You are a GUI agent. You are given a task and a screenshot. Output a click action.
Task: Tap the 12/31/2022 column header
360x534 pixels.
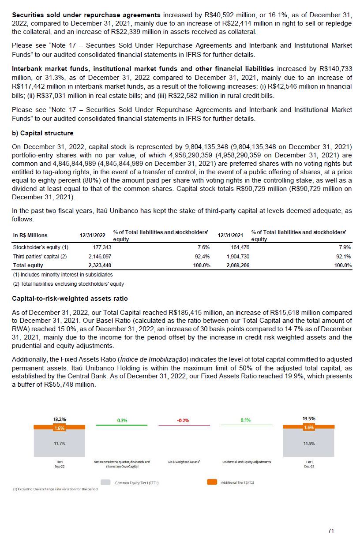click(93, 235)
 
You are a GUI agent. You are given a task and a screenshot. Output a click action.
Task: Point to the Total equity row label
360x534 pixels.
click(28, 265)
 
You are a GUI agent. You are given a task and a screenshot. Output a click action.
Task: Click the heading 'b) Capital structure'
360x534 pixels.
click(42, 133)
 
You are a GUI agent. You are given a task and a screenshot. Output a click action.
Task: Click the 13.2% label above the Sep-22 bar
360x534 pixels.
click(60, 420)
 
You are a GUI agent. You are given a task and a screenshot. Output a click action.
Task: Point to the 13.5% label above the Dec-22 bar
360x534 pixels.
click(308, 418)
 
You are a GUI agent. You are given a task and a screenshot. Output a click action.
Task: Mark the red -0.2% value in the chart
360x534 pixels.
click(183, 420)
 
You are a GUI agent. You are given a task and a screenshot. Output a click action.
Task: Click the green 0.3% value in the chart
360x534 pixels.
click(122, 420)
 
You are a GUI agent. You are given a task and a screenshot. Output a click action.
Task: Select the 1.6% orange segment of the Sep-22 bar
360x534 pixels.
click(60, 427)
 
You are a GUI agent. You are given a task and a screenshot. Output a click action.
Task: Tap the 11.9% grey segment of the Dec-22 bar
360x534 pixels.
click(308, 443)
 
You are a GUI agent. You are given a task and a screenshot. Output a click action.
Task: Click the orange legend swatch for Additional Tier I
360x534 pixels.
click(212, 482)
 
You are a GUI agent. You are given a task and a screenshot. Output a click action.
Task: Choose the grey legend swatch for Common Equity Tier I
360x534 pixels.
click(105, 482)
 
